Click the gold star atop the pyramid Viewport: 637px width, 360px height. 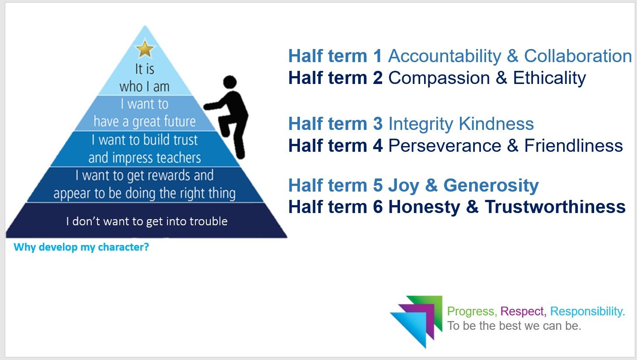click(145, 49)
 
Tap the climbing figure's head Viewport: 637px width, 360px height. click(230, 82)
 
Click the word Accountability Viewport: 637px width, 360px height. click(444, 56)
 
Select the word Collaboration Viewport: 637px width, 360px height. click(578, 56)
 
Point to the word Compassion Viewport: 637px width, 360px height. click(439, 78)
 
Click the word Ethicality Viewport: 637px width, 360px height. click(549, 78)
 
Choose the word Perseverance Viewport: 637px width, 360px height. click(444, 146)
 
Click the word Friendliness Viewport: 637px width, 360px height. click(573, 146)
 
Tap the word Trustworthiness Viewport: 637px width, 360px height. click(555, 207)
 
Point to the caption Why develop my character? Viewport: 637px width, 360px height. click(81, 247)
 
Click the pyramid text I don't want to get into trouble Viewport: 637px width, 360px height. click(146, 221)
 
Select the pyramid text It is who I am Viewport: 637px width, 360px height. click(144, 78)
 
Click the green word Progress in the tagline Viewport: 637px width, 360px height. click(471, 311)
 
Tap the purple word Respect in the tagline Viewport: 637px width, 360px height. click(522, 311)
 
